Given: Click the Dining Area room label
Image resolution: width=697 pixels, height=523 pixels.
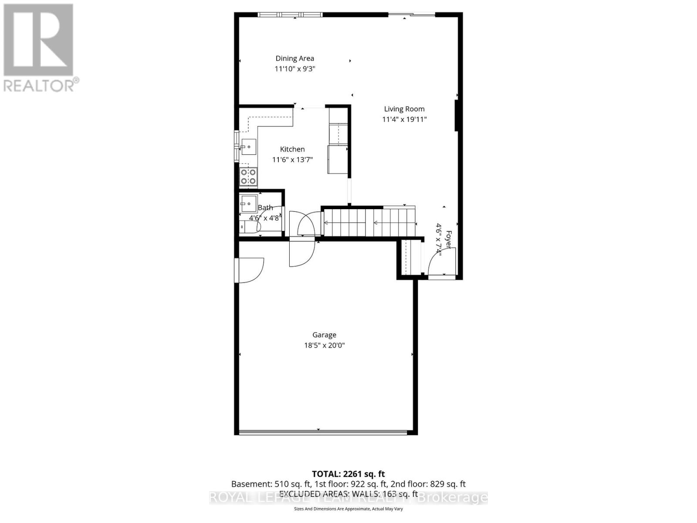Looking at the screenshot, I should coord(294,58).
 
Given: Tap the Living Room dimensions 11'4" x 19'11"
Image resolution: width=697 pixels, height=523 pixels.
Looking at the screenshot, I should coord(404,119).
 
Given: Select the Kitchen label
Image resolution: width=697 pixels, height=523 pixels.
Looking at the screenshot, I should coord(292,149).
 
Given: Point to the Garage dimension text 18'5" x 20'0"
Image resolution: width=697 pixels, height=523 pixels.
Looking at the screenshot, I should coord(324,346).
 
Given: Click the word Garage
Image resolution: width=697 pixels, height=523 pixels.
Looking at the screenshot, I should coord(324,335).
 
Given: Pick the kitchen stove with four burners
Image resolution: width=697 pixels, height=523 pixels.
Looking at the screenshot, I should coord(249,177).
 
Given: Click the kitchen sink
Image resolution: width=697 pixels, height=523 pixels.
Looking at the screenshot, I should coord(249,146).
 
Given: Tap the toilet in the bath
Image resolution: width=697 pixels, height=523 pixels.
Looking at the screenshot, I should coord(249,227).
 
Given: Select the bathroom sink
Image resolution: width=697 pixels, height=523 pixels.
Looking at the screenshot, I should coord(249,203).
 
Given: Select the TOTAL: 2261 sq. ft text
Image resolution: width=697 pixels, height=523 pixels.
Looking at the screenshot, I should coord(348,474).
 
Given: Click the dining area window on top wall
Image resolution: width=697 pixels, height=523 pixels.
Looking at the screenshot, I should coord(290,15).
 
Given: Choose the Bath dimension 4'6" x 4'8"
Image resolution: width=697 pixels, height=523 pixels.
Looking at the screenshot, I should coord(264,218).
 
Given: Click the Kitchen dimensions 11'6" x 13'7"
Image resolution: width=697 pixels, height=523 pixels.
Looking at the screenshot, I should coord(292,160).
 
